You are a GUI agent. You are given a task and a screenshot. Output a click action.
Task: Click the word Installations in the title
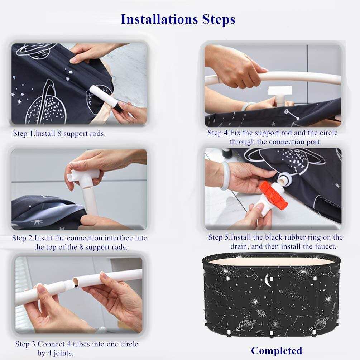click(159, 19)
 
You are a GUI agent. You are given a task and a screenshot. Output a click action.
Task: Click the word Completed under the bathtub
click(277, 351)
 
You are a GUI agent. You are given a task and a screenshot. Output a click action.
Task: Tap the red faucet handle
click(273, 195)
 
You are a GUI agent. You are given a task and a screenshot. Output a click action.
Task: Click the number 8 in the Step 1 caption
click(59, 134)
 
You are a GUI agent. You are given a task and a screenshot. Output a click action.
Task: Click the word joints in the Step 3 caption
click(63, 353)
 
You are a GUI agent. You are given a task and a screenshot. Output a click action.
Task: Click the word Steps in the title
click(219, 19)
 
